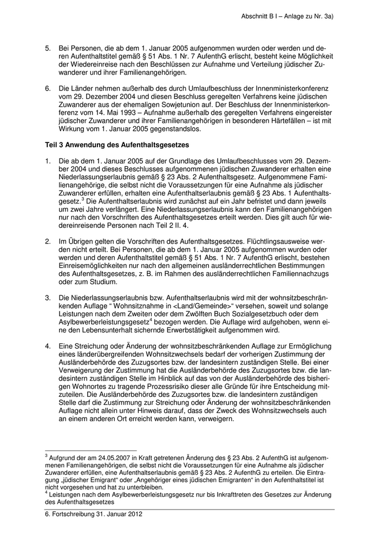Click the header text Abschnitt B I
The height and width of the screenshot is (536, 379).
263,17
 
